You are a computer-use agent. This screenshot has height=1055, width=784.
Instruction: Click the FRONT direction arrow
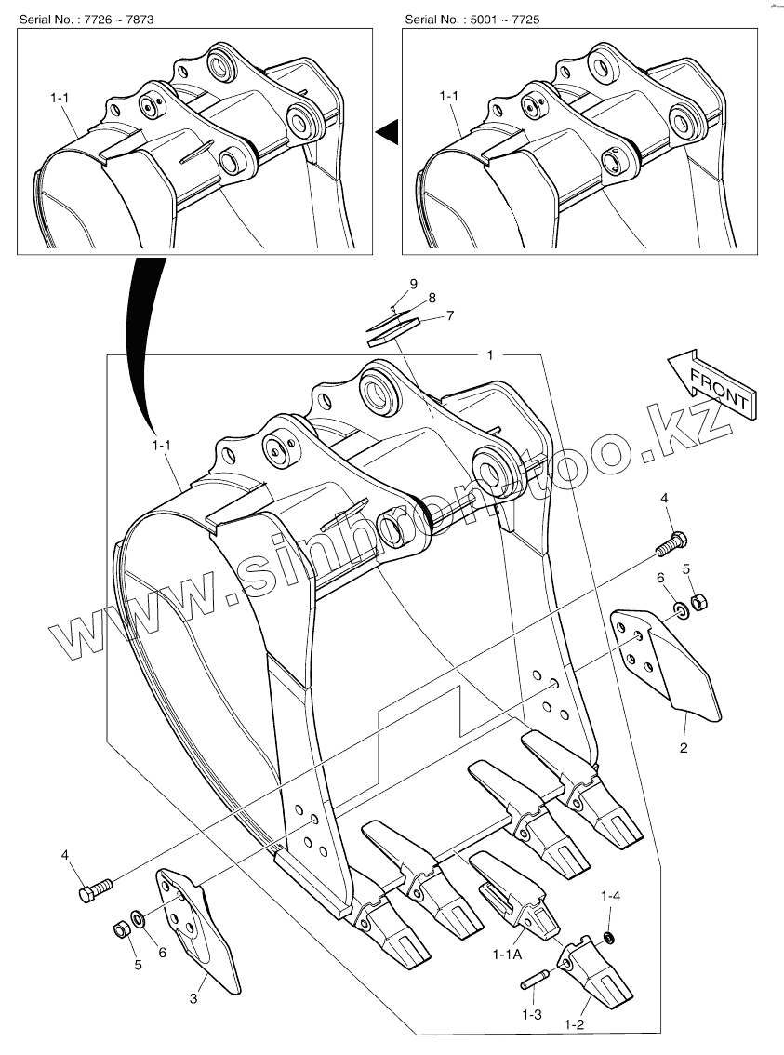[x=712, y=382]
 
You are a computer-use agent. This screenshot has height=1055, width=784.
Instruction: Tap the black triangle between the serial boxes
[x=389, y=133]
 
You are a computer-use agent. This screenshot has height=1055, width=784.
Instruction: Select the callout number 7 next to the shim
[x=449, y=316]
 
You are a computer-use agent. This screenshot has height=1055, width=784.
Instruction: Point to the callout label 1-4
[x=610, y=896]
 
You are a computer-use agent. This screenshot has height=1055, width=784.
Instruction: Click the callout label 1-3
[x=531, y=1014]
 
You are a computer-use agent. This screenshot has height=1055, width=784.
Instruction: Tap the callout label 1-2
[x=574, y=1024]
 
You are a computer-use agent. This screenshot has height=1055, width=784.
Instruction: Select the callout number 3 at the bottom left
[x=193, y=999]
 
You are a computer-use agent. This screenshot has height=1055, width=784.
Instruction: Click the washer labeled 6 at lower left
[x=138, y=920]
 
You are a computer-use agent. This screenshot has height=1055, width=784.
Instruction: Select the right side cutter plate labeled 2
[x=667, y=661]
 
